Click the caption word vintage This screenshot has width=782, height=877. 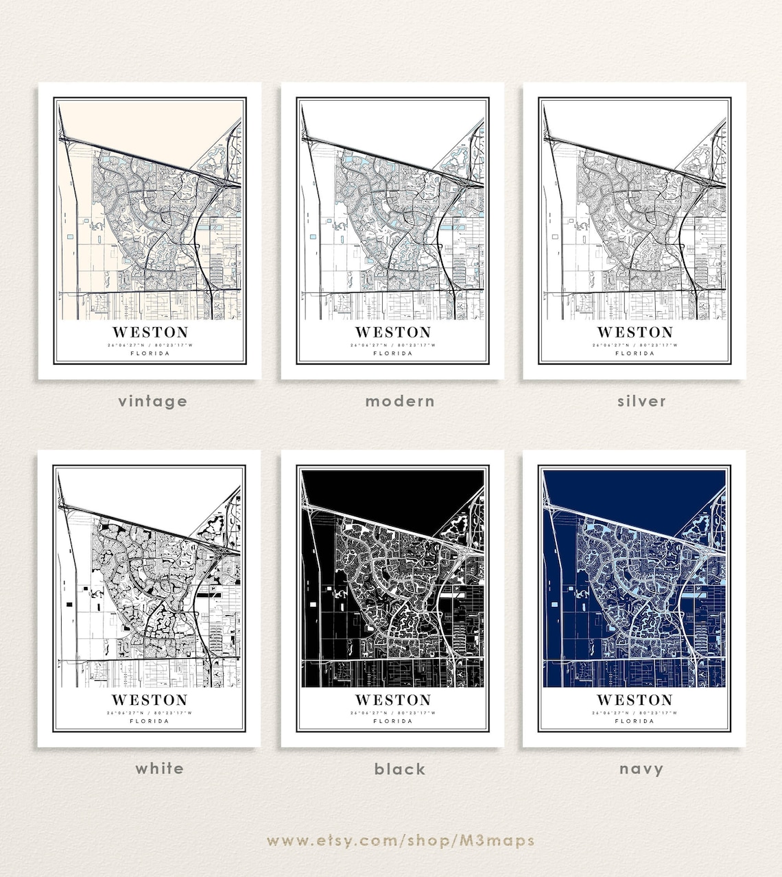point(152,401)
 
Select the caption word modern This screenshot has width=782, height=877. point(400,401)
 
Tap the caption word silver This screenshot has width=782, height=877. point(641,401)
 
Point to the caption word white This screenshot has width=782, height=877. point(159,769)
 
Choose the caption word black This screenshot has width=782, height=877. point(400,769)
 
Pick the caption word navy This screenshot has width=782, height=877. point(641,769)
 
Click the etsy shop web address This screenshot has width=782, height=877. point(401,841)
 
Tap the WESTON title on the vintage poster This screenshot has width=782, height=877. point(150,333)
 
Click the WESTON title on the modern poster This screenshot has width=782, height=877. point(393,333)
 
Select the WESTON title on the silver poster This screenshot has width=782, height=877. point(635,333)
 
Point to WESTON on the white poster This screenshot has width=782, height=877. point(150,700)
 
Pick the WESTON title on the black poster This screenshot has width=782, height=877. point(393,700)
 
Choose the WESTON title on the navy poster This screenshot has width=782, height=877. point(635,700)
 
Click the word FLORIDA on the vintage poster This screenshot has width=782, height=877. point(150,354)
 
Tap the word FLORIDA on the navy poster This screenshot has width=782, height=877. point(635,721)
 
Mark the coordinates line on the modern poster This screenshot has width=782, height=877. point(393,345)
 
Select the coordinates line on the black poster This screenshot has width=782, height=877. point(393,712)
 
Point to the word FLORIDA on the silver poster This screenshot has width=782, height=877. point(635,354)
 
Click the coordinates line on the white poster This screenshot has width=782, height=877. point(150,712)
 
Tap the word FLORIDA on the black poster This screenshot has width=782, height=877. point(393,721)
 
